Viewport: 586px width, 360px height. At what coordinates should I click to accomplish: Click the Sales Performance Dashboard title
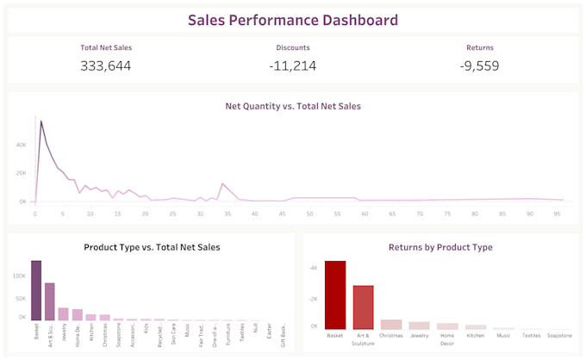pos(293,20)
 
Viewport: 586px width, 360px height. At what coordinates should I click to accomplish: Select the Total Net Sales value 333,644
pos(106,65)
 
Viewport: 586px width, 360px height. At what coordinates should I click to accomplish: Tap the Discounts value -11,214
pos(293,65)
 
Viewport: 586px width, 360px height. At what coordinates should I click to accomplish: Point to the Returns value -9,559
pos(480,65)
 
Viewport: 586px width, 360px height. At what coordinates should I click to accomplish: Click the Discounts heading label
pos(293,48)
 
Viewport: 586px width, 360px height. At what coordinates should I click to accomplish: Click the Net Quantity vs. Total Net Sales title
pos(293,107)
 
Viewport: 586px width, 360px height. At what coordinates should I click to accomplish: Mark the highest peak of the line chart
pos(41,121)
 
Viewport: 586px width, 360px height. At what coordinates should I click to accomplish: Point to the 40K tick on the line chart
pos(22,145)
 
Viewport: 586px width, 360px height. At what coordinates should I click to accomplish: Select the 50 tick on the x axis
pos(310,213)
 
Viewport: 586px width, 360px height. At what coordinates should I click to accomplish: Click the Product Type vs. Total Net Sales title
pos(152,247)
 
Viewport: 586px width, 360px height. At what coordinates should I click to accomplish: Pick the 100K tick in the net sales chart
pos(20,276)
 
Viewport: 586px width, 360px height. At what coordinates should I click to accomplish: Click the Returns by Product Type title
pos(441,247)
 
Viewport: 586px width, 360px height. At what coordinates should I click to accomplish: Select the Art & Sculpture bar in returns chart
pos(363,307)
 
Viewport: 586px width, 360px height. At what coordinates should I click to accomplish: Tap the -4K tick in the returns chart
pos(315,268)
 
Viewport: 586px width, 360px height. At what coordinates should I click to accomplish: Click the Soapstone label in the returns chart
pos(558,335)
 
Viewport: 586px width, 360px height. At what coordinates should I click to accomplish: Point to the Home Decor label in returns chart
pos(446,338)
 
